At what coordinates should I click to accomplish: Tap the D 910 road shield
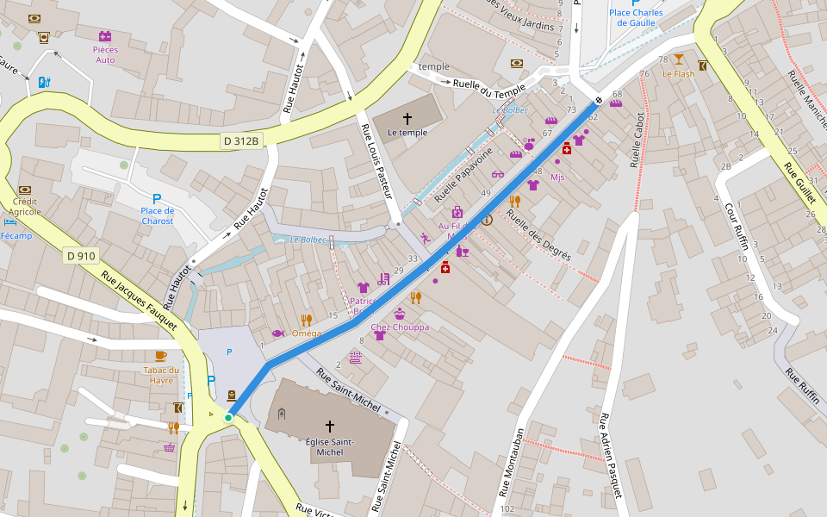81,255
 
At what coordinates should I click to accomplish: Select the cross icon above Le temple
407,118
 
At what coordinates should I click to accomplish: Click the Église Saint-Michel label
329,446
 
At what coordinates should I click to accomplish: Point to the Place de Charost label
157,215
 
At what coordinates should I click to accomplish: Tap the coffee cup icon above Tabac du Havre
161,356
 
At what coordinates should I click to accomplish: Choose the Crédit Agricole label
25,206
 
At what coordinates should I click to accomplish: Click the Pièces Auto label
105,54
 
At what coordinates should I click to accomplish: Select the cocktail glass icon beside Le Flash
679,59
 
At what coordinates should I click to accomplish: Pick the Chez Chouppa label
400,327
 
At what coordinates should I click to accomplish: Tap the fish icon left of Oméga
277,333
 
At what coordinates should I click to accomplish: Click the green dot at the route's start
228,418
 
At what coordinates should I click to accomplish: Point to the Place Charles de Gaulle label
636,18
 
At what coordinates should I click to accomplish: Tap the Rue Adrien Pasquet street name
610,456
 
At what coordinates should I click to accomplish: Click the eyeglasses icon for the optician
497,174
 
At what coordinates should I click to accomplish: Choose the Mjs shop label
557,178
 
